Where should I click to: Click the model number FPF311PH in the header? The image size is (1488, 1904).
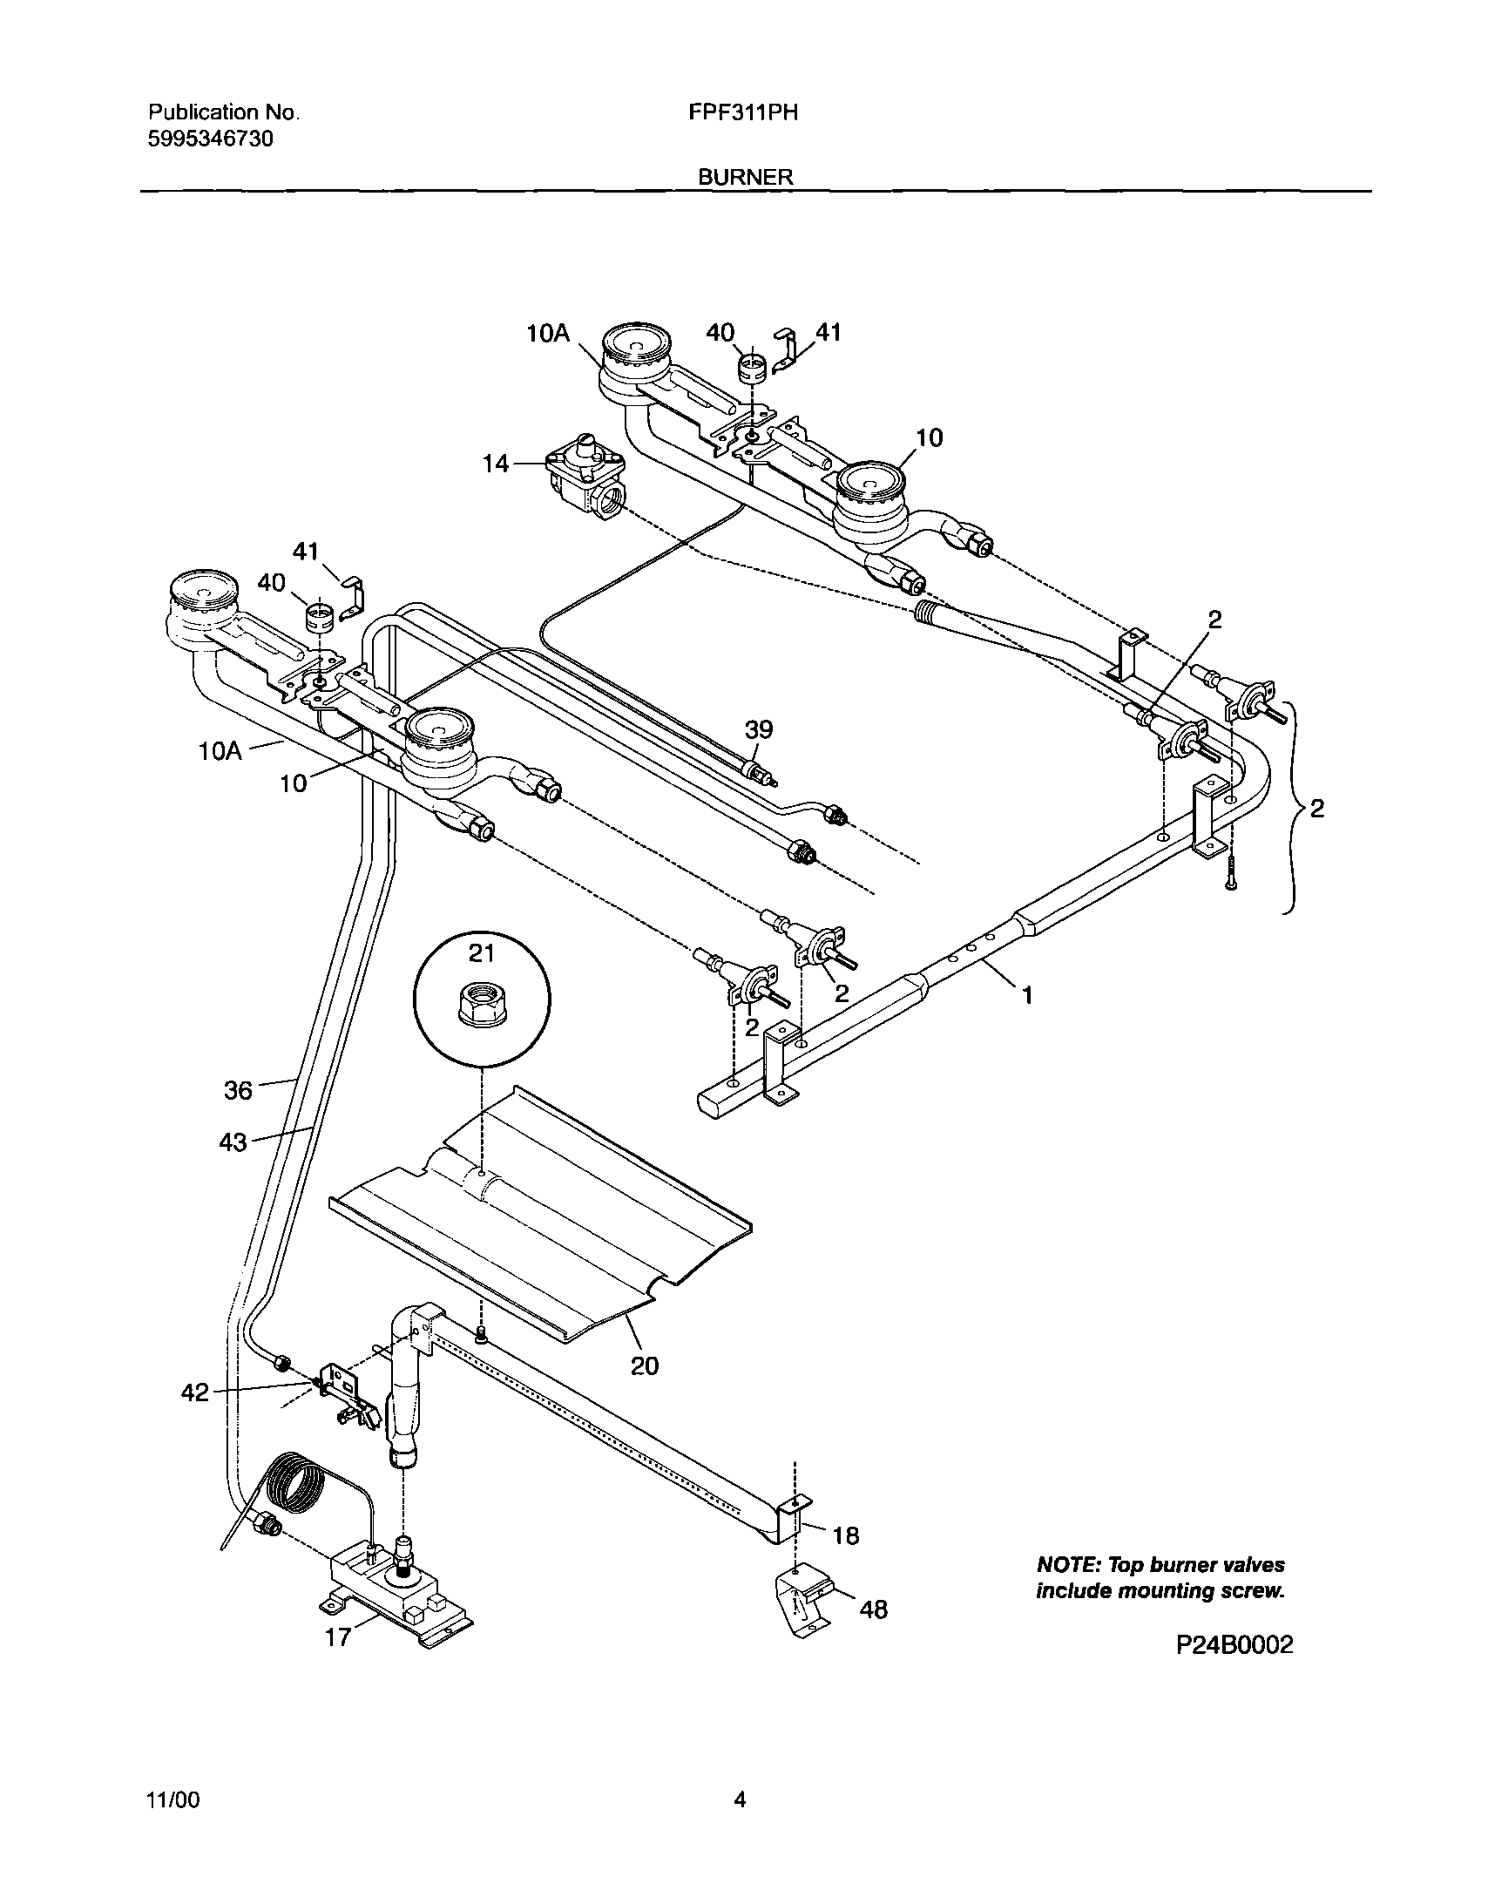coord(742,112)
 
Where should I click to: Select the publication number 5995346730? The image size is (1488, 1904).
coord(211,139)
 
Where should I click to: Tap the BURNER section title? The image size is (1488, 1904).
coord(745,177)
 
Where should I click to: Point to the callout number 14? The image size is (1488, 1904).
coord(495,464)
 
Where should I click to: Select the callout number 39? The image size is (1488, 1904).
coord(759,729)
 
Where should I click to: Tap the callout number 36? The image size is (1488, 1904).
coord(238,1090)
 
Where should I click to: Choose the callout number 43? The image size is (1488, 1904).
coord(233,1142)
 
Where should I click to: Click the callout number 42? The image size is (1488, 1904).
coord(195,1393)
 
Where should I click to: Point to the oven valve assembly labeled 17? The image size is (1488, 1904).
coord(396,1589)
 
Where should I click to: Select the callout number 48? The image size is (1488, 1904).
coord(873,1609)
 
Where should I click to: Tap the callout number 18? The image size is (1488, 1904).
coord(845,1535)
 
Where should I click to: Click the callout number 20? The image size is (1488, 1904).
coord(644,1365)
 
